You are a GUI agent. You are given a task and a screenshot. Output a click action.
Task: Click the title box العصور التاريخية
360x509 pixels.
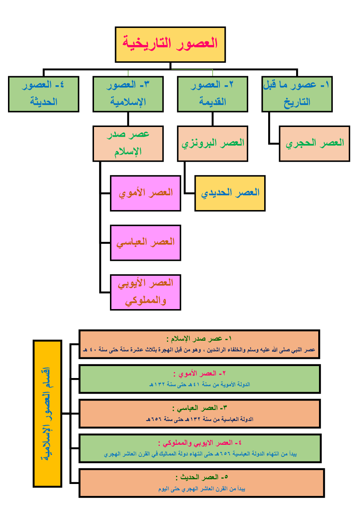[170, 45]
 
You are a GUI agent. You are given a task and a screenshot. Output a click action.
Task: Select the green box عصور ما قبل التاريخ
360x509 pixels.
[297, 94]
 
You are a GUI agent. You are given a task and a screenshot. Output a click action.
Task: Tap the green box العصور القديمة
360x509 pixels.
[213, 94]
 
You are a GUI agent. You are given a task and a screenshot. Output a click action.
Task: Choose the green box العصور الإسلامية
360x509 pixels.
[128, 94]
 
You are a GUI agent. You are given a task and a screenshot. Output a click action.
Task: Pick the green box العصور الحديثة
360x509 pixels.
[44, 94]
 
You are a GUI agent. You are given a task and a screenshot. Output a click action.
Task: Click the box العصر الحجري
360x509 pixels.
[315, 144]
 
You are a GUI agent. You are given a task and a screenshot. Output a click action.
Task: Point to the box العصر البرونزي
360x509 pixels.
[213, 144]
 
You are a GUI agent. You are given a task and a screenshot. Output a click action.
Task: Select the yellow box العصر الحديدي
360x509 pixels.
[230, 193]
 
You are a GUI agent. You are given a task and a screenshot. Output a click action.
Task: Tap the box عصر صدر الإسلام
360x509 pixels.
[128, 144]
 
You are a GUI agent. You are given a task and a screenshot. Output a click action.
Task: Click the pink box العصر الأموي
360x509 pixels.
[146, 193]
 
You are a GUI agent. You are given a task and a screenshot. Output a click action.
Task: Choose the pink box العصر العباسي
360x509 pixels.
[146, 243]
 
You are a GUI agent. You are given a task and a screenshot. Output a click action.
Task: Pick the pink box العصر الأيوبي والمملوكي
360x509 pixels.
[146, 292]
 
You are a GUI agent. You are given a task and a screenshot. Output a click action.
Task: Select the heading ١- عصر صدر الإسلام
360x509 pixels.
[199, 339]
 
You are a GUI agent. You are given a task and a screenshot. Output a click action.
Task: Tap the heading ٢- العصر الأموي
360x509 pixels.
[199, 374]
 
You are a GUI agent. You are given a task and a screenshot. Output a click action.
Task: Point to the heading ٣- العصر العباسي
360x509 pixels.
[199, 408]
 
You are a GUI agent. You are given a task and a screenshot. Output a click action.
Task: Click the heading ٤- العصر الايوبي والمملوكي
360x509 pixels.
[200, 443]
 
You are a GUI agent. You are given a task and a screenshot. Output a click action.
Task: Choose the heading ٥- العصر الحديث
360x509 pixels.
[201, 477]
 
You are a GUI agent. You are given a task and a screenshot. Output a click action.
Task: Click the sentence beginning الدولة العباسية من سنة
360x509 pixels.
[200, 419]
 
